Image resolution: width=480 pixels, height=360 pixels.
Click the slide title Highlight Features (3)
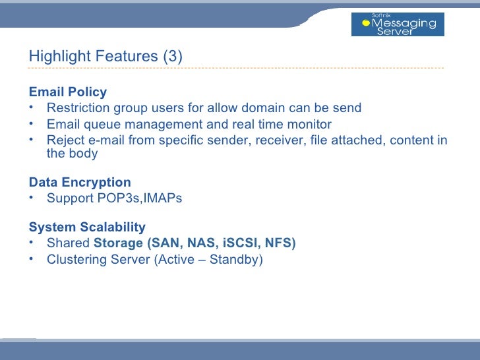coord(105,57)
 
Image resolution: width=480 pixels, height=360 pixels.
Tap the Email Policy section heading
coord(68,92)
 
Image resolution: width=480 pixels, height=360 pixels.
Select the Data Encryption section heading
coord(80,182)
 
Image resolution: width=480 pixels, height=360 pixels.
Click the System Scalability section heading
coord(87,227)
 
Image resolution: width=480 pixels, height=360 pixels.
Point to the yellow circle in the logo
coord(366,23)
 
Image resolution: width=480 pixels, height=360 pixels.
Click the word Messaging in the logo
coord(404,23)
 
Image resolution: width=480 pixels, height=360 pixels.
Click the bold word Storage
coord(119,243)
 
